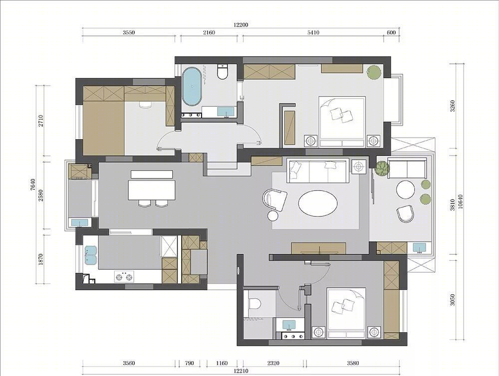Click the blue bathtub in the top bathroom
192,86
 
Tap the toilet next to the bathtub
222,72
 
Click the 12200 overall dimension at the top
241,25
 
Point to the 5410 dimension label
313,32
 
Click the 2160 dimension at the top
209,32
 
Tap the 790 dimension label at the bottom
189,363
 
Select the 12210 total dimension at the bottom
241,371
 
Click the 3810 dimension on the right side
453,205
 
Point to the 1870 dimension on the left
40,259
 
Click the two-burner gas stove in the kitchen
124,276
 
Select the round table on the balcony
405,190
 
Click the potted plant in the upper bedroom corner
374,72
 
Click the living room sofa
317,172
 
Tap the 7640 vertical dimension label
32,185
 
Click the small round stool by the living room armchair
273,215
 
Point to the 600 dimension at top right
391,32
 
